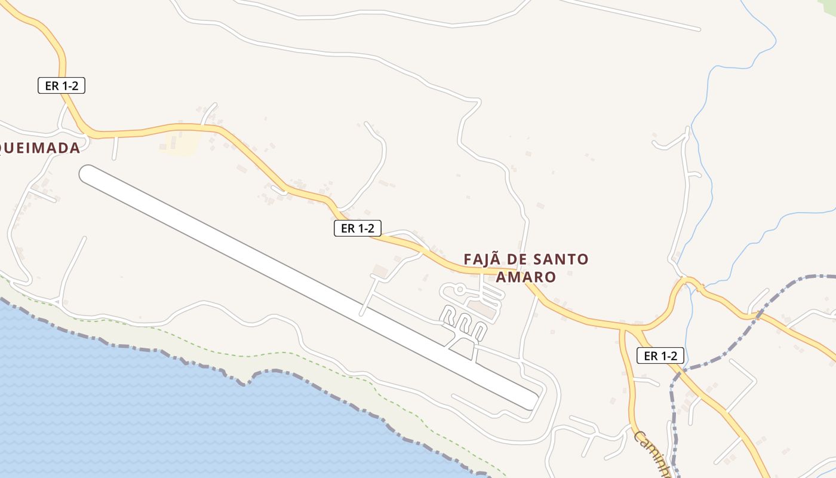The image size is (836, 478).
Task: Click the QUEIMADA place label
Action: click(40, 148)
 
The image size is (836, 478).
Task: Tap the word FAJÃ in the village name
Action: click(482, 259)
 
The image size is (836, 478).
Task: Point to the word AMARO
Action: click(526, 277)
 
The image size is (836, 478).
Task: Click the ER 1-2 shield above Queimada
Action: click(62, 85)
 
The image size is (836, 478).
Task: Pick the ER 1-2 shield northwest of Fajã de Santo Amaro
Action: click(357, 228)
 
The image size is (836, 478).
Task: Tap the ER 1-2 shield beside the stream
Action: click(660, 356)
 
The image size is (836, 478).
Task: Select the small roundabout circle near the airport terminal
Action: click(460, 290)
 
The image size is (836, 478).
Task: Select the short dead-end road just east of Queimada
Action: click(115, 148)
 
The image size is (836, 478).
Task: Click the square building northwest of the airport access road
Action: click(380, 270)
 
